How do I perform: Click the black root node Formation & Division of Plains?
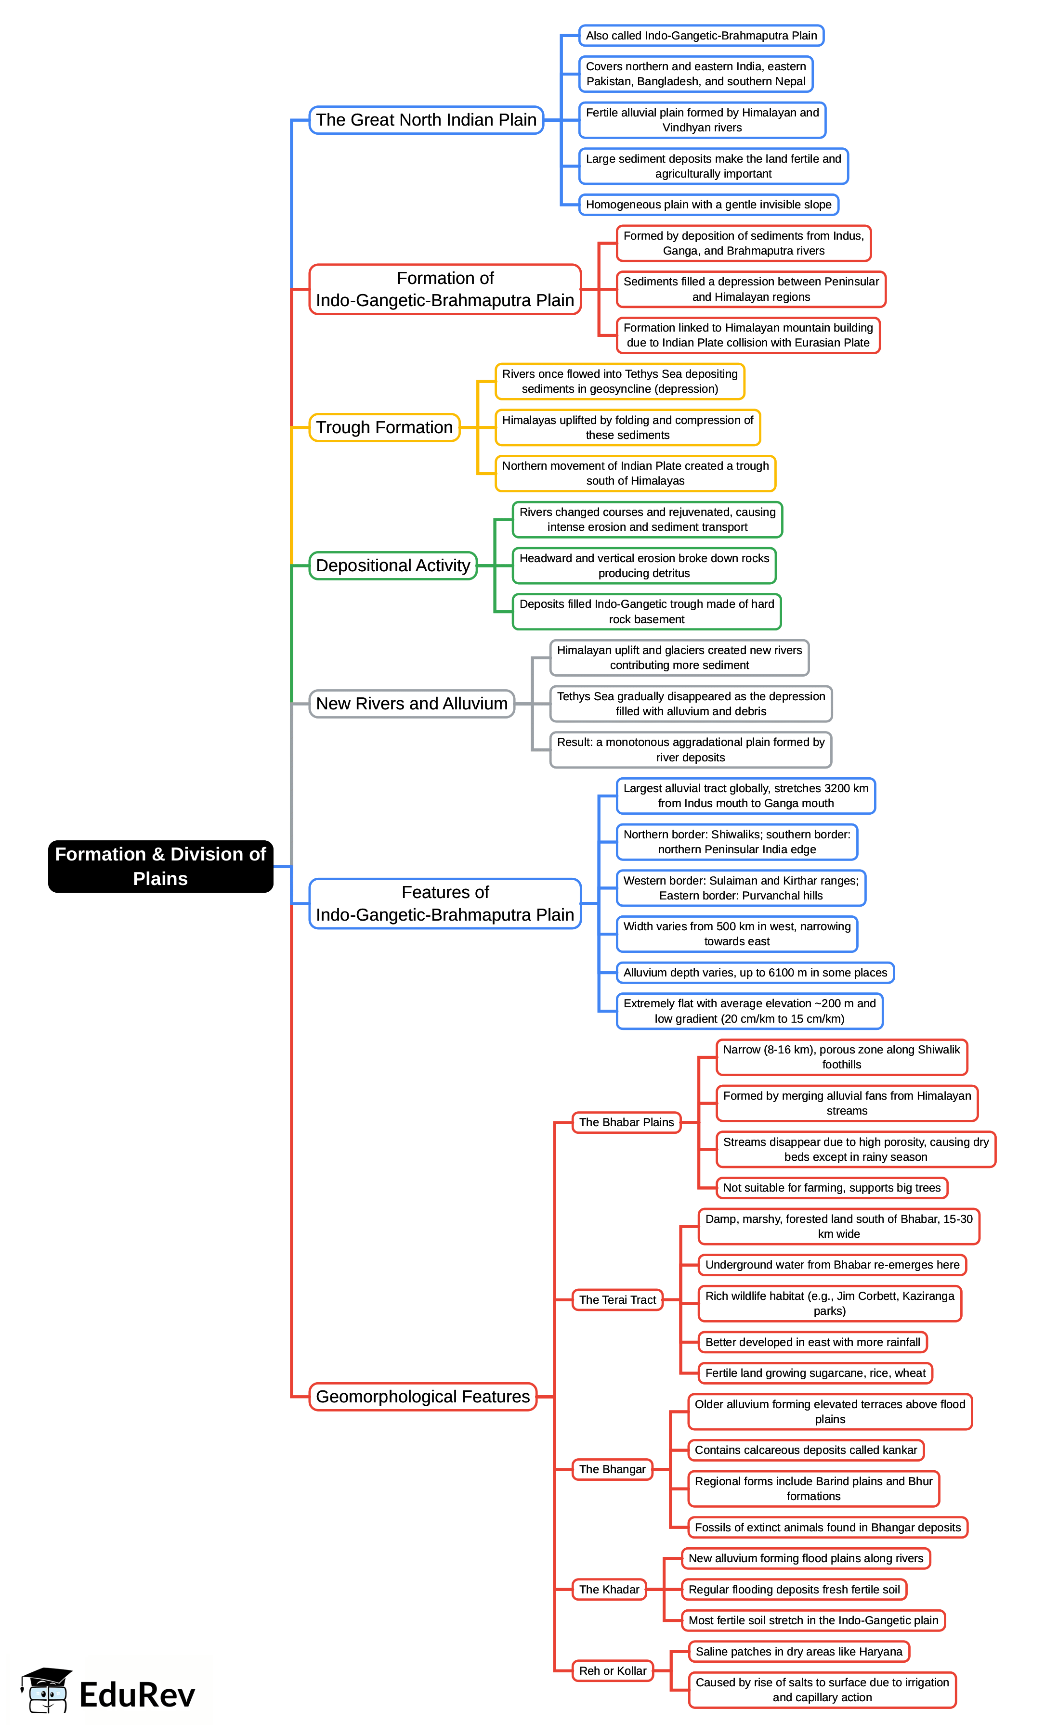coord(160,866)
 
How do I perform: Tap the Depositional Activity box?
coord(392,565)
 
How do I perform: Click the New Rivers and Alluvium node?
coord(412,703)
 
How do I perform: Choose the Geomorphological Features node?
coord(422,1396)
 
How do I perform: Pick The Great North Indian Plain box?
coord(426,119)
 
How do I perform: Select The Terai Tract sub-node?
coord(617,1300)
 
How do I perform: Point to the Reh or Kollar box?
coord(612,1670)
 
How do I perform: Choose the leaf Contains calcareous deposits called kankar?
coord(805,1450)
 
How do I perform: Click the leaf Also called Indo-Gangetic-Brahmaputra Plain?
coord(701,35)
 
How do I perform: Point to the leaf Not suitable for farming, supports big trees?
coord(831,1187)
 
